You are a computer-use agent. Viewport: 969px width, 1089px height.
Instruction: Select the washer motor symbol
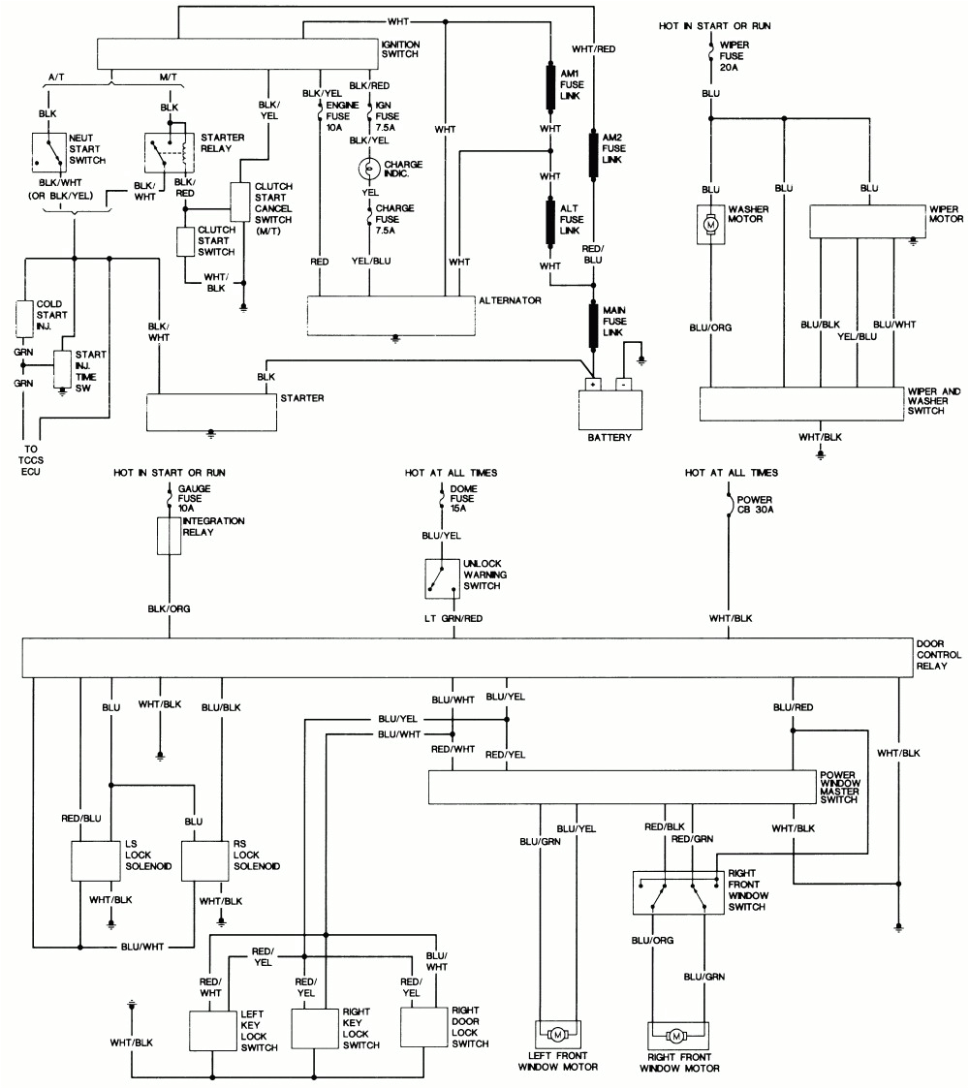(710, 224)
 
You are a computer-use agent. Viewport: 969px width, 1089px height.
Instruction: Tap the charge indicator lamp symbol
(368, 169)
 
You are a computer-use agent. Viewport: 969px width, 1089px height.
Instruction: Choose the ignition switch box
(238, 53)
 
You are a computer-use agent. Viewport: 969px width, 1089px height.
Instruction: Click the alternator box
(391, 315)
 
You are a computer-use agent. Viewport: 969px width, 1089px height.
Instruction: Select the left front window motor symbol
(557, 1036)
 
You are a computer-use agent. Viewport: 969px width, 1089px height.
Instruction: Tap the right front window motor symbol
(678, 1036)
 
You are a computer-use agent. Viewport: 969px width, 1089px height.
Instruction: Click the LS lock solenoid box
(96, 859)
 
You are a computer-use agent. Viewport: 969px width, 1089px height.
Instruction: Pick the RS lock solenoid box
(204, 859)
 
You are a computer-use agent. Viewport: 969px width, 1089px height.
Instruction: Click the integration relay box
(170, 535)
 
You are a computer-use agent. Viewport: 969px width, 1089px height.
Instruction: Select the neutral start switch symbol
(46, 147)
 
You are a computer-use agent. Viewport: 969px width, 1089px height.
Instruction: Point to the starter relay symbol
(167, 150)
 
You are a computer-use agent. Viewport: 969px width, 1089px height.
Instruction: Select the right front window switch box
(675, 892)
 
